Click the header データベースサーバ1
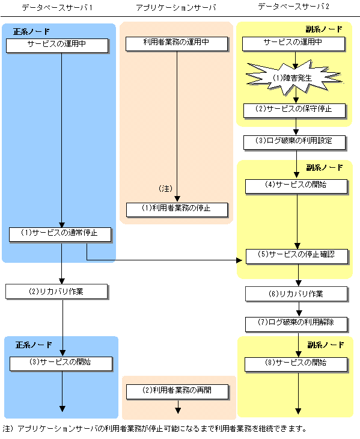(x=57, y=8)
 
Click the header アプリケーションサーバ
(x=176, y=8)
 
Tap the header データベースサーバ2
(x=293, y=7)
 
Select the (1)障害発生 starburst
(x=294, y=78)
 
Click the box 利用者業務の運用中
(x=177, y=44)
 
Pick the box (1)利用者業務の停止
(x=177, y=210)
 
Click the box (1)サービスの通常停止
(x=60, y=235)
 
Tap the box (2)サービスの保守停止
(x=294, y=111)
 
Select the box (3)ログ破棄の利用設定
(x=294, y=143)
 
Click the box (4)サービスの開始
(x=296, y=186)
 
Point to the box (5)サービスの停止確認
(x=297, y=256)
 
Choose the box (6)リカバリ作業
(x=296, y=294)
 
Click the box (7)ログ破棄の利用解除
(x=296, y=325)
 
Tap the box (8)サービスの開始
(x=296, y=364)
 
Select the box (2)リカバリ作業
(x=56, y=292)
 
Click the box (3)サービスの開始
(x=61, y=364)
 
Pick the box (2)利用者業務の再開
(x=177, y=391)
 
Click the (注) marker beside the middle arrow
(x=166, y=189)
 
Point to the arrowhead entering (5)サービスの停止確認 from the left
(x=239, y=260)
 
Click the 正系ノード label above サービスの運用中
(x=31, y=31)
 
